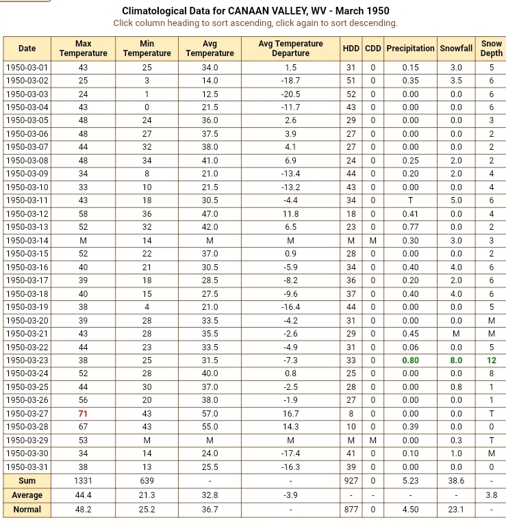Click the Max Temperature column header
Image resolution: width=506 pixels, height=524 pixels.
pyautogui.click(x=83, y=49)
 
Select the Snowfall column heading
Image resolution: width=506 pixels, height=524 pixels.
pyautogui.click(x=456, y=49)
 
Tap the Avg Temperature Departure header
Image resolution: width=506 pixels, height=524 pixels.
pyautogui.click(x=290, y=49)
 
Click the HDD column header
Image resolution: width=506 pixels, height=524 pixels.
pyautogui.click(x=351, y=49)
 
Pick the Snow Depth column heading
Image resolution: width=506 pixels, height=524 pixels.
pyautogui.click(x=491, y=49)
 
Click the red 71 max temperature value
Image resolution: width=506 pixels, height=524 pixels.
pyautogui.click(x=83, y=414)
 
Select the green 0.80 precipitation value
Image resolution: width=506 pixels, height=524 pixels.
pyautogui.click(x=410, y=361)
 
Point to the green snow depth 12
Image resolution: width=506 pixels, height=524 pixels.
pyautogui.click(x=491, y=361)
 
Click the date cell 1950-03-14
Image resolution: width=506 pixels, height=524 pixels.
pyautogui.click(x=27, y=241)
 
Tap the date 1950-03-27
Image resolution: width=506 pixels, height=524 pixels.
pyautogui.click(x=27, y=414)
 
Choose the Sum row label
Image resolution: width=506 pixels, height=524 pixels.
pyautogui.click(x=27, y=481)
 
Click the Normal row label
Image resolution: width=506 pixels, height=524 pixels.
pyautogui.click(x=27, y=510)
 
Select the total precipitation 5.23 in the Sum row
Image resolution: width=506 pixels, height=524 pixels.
pyautogui.click(x=410, y=481)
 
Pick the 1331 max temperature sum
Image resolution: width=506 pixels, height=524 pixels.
pyautogui.click(x=83, y=481)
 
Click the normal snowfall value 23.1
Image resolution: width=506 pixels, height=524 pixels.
pyautogui.click(x=456, y=510)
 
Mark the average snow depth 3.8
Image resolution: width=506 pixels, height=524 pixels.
pyautogui.click(x=491, y=495)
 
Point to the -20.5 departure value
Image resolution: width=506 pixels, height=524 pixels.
pyautogui.click(x=290, y=94)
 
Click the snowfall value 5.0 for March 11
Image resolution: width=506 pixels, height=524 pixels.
pyautogui.click(x=456, y=200)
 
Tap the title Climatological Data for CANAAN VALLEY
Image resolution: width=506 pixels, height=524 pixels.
pyautogui.click(x=255, y=11)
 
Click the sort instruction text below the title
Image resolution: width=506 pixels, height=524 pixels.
pyautogui.click(x=255, y=23)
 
